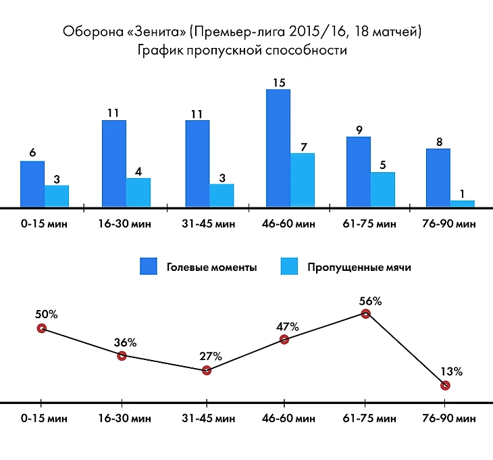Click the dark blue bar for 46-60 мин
coord(278,147)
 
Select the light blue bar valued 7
coord(303,179)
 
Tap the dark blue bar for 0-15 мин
coord(32,183)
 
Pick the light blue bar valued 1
coord(463,203)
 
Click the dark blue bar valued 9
coord(359,171)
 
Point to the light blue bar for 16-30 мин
coord(138,192)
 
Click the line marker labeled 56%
coord(365,313)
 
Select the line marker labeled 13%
coord(445,385)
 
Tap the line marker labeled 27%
coord(207,370)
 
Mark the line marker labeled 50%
coord(41,328)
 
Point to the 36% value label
coord(126,342)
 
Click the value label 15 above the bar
coord(278,82)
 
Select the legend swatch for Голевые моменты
coord(149,267)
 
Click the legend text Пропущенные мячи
coord(359,267)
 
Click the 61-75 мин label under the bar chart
coord(369,224)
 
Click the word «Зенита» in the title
coord(156,32)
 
